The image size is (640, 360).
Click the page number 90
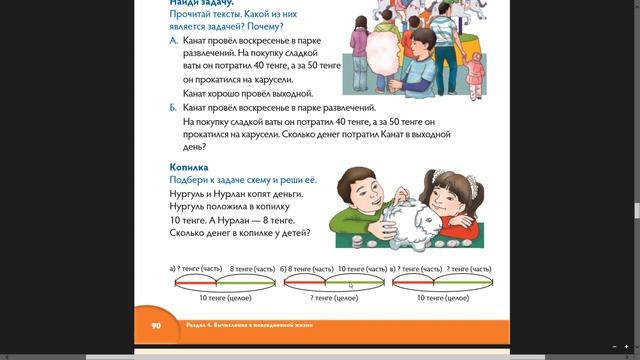pyautogui.click(x=156, y=325)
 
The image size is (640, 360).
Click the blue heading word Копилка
pyautogui.click(x=189, y=167)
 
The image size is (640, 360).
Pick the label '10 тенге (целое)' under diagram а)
pyautogui.click(x=225, y=298)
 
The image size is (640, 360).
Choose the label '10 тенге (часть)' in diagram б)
pyautogui.click(x=362, y=269)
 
